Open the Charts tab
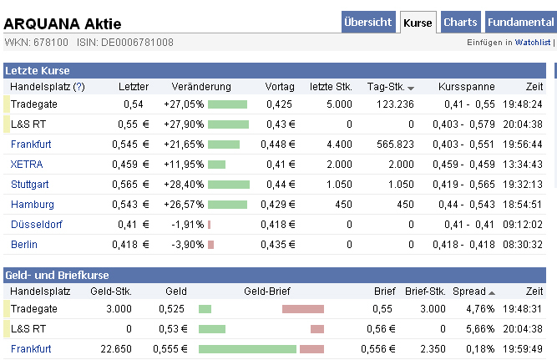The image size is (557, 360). [x=461, y=23]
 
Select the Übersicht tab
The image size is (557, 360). [x=367, y=23]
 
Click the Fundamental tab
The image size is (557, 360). [x=519, y=23]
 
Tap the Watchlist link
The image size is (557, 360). [x=532, y=41]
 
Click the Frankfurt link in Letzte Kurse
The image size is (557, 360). [x=31, y=145]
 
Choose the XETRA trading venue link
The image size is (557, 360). [x=27, y=165]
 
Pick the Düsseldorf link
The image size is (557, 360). [x=36, y=225]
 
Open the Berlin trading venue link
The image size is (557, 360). [x=24, y=245]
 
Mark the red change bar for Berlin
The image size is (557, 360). [x=210, y=245]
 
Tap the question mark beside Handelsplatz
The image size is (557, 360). [x=78, y=87]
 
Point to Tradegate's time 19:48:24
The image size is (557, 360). [x=523, y=104]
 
